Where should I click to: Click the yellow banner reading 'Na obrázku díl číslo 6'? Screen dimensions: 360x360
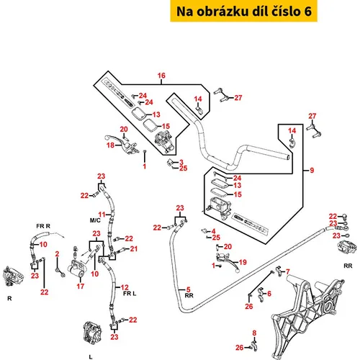coord(244,11)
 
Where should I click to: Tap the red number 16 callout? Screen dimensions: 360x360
coord(161,76)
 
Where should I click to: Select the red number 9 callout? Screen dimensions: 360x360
coord(312,170)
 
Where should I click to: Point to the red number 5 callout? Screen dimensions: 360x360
coord(189,289)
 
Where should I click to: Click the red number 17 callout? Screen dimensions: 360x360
coord(81,286)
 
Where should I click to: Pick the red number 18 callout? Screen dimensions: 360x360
coord(110,145)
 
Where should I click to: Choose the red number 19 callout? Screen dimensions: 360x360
coord(243,262)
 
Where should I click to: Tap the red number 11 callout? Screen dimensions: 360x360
coord(102,215)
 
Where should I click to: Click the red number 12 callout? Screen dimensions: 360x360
coord(125,287)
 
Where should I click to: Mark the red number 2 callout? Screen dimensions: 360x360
coord(57,254)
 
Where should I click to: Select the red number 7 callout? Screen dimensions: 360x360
coord(288,271)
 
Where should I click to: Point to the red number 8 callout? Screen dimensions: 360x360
coord(254,333)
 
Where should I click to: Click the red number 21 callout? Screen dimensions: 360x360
coord(134,249)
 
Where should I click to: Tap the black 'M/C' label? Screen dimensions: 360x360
coord(95,220)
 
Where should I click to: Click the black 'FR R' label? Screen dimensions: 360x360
coord(43,226)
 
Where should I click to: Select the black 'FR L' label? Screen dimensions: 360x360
coord(130,294)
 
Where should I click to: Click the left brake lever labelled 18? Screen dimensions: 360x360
coord(121,143)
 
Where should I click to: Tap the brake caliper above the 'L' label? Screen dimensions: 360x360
coord(92,333)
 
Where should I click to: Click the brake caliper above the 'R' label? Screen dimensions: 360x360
coord(13,276)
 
